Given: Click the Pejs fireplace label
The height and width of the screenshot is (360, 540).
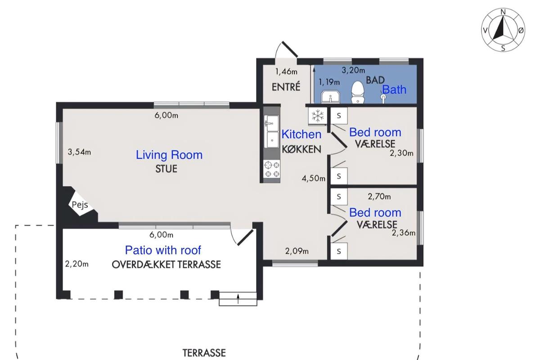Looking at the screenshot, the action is coord(80,205).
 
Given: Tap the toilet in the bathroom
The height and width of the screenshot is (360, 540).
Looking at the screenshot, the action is coord(357,92).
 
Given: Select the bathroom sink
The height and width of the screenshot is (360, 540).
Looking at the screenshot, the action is coord(330,97).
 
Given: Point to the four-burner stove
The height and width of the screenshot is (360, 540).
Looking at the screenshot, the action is coord(272,170).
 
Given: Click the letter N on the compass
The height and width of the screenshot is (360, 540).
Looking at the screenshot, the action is coord(503,12).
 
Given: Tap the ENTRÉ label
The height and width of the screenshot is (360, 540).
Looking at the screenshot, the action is coord(286,87).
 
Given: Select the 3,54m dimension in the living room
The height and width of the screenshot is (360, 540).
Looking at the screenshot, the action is coord(79,152).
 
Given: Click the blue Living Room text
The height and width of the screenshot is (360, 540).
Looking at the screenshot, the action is coord(169,155).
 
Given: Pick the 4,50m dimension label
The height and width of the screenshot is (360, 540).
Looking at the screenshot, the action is coord(313,178).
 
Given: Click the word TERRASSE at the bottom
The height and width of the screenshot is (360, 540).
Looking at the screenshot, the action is coord(204,353).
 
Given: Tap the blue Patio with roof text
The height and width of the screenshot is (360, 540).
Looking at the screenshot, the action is coord(163,250).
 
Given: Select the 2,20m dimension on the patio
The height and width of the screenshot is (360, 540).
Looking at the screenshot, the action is coord(76,264).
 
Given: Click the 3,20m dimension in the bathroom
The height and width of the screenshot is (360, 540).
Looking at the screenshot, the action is coord(353,70).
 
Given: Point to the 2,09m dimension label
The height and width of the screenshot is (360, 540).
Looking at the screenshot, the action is coord(297,251).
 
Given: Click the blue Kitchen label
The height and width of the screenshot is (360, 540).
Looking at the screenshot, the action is coord(301,134).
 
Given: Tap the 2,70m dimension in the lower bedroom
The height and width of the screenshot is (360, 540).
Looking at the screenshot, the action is coord(379,197).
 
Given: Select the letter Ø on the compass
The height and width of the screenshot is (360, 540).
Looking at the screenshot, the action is coord(521,31).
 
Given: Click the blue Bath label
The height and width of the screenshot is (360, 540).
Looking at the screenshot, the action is coord(394,90).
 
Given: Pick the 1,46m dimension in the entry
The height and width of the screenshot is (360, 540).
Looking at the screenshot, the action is coord(286,72).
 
